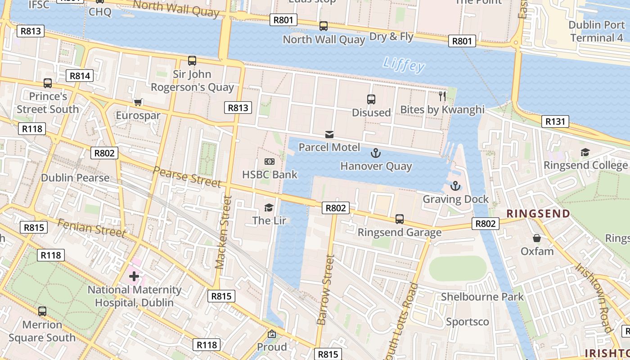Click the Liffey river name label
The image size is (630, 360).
click(404, 65)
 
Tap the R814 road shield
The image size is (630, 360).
click(80, 76)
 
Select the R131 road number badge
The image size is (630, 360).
click(555, 121)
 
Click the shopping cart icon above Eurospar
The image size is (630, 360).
click(138, 103)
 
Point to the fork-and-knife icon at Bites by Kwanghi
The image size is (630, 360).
click(442, 96)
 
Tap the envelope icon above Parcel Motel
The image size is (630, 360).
click(329, 134)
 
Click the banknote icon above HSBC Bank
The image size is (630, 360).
click(270, 162)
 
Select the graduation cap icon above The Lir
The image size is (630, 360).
click(269, 207)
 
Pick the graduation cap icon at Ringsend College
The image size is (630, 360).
click(585, 152)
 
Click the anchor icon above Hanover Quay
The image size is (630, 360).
click(375, 153)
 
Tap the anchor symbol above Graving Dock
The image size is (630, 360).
click(455, 186)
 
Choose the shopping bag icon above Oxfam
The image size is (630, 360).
click(536, 238)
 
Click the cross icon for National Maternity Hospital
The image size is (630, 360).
click(134, 276)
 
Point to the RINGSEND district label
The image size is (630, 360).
click(538, 214)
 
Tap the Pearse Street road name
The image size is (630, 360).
click(187, 176)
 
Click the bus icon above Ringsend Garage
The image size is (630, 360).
click(399, 219)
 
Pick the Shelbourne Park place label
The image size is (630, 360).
click(482, 297)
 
